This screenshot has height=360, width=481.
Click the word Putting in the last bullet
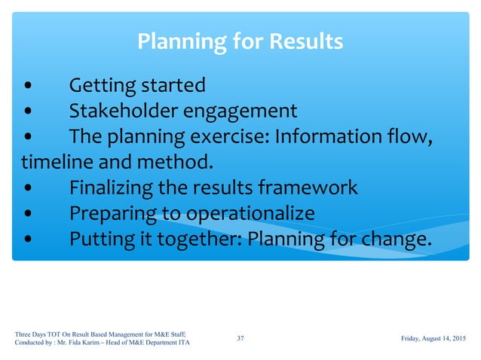100,239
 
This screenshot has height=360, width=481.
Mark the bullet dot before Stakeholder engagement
28,111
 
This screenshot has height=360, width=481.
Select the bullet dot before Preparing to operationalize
28,214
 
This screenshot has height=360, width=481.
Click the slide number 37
240,339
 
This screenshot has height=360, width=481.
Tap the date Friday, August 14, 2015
433,339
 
